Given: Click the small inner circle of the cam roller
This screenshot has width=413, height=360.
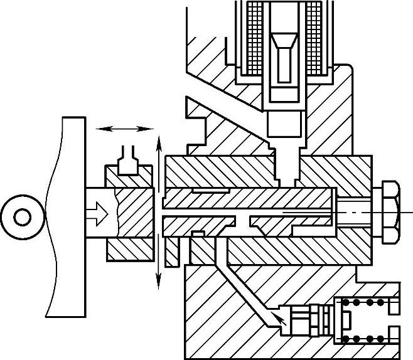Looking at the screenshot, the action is [x=23, y=218].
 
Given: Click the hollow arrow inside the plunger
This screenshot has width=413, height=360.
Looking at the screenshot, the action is [x=99, y=213].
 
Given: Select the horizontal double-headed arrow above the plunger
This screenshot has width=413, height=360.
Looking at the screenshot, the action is [x=126, y=128].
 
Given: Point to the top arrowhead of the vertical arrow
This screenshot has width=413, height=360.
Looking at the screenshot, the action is [x=159, y=142].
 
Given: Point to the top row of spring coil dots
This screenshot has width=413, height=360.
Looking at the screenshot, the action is [x=363, y=303].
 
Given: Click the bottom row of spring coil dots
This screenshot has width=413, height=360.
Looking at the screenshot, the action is [x=363, y=339].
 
